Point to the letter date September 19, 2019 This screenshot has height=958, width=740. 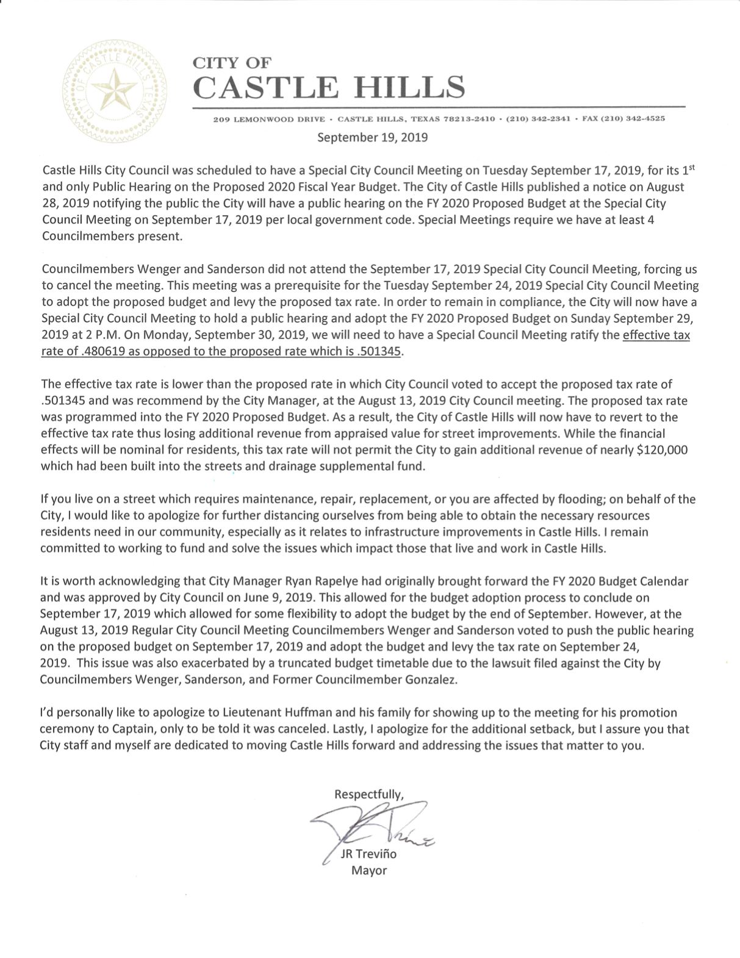tap(372, 137)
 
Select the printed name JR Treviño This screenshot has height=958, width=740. tap(368, 854)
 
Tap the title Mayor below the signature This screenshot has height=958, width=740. tap(368, 870)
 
